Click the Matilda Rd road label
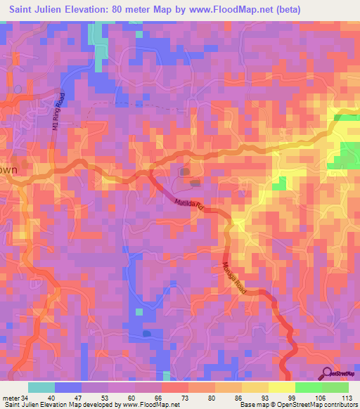click(188, 205)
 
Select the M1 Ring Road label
click(58, 112)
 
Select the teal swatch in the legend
click(41, 387)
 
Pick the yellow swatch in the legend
click(281, 387)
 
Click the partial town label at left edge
click(8, 170)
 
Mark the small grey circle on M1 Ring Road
click(17, 89)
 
